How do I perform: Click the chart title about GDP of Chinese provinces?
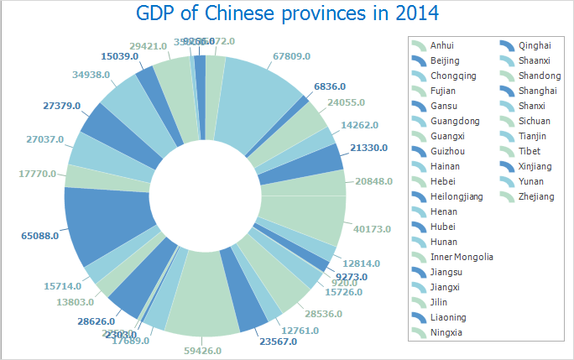[x=287, y=15]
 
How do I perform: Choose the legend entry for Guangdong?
[x=454, y=121]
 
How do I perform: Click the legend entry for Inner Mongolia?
[x=462, y=257]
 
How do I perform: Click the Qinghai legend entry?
[x=535, y=45]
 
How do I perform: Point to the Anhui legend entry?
[x=444, y=45]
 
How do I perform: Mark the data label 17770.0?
[x=36, y=174]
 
